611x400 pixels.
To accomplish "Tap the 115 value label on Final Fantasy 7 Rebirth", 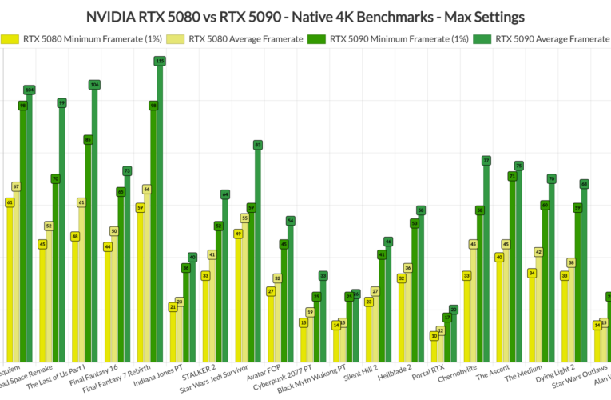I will (x=160, y=61).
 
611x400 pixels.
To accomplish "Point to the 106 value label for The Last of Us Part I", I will (x=94, y=85).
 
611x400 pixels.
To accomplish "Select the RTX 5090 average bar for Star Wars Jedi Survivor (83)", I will (x=258, y=256).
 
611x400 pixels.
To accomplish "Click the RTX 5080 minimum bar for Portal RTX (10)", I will (x=434, y=350).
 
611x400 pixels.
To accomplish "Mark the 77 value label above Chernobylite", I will (x=486, y=161).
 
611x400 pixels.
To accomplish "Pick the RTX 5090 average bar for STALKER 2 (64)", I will (x=225, y=280).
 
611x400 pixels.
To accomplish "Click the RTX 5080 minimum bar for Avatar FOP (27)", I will (x=272, y=328).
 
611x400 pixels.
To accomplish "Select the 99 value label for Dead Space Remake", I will (x=61, y=103).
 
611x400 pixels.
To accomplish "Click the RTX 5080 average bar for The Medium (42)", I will (x=538, y=308).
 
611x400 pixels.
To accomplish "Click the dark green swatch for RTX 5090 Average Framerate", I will (x=481, y=38).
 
